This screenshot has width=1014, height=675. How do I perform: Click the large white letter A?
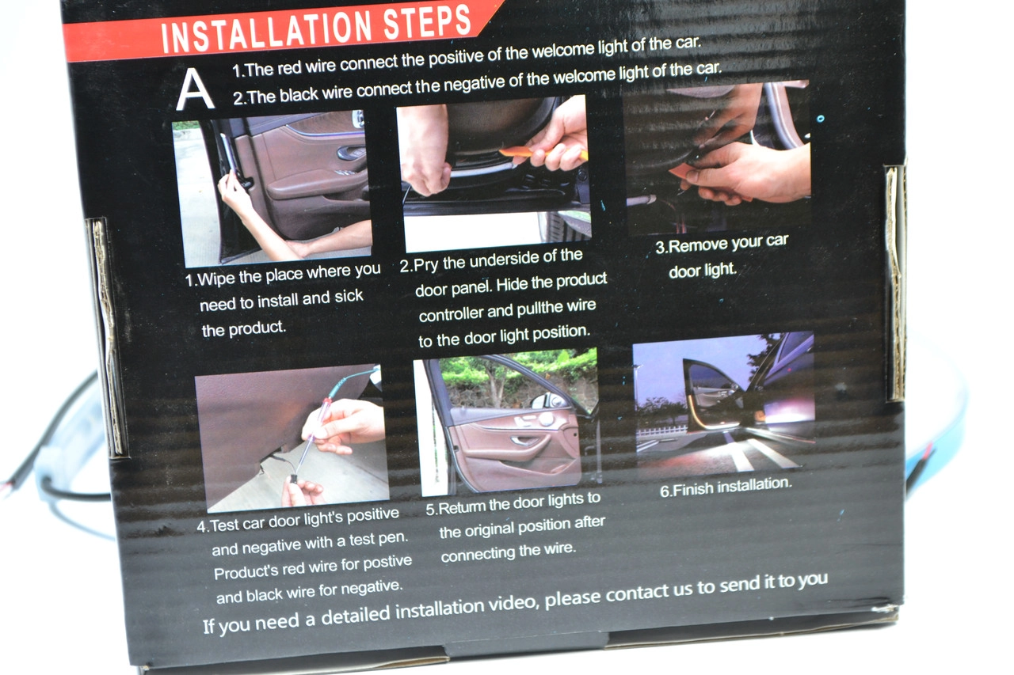click(x=194, y=89)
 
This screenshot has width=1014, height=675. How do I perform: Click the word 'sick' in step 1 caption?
click(x=349, y=296)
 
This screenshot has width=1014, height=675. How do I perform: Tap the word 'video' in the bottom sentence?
click(x=514, y=604)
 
